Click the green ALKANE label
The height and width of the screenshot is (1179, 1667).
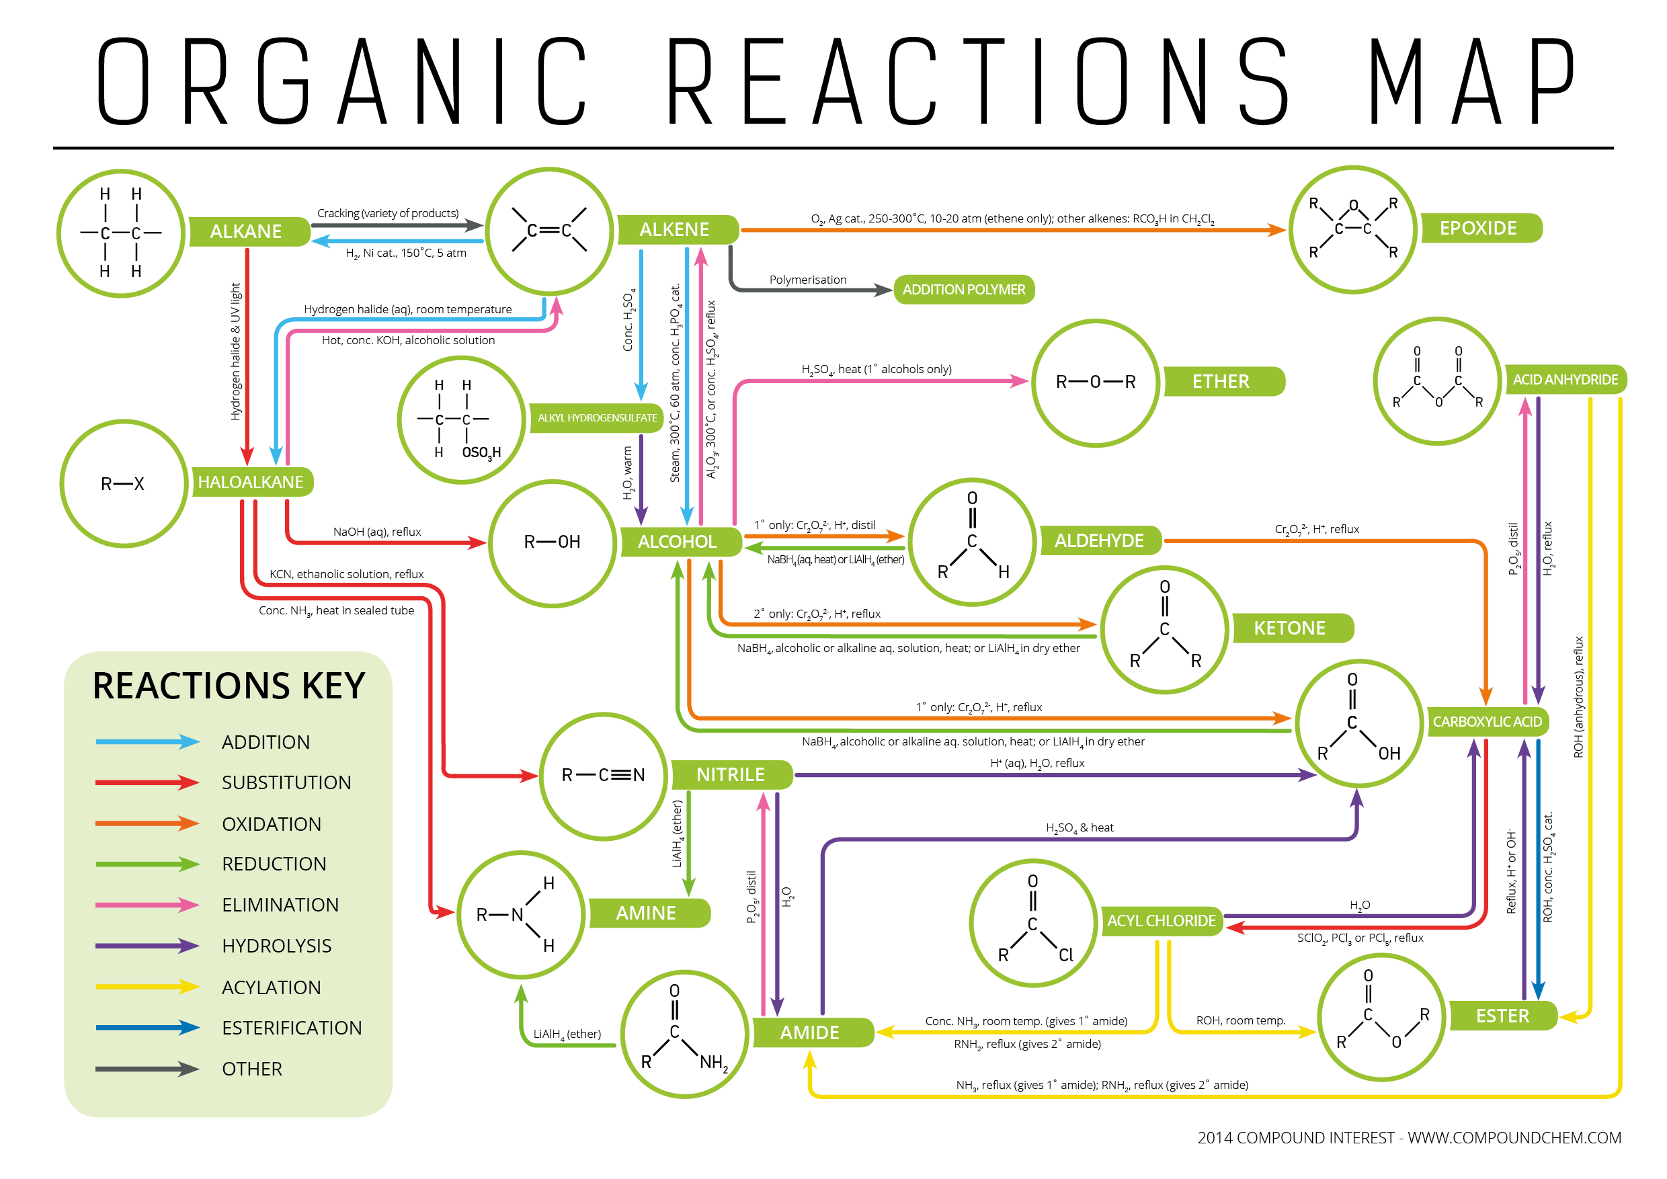coord(246,232)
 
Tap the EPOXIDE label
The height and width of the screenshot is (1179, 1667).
coord(1478,229)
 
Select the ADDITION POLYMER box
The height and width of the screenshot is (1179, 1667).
coord(963,290)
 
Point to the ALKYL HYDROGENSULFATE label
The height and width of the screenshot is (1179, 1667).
coord(597,418)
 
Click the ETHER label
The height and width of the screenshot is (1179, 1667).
coord(1221,382)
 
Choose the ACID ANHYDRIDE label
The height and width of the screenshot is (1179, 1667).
coord(1565,380)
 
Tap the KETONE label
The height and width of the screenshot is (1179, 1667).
coord(1289,628)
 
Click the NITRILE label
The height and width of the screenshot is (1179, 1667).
coord(731,774)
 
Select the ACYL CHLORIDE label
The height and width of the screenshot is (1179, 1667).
coord(1161,921)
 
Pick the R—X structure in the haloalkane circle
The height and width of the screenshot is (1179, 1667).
coord(123,483)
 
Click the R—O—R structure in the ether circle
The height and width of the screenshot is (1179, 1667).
coord(1096,382)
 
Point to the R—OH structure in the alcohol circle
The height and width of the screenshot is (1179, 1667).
coord(553,542)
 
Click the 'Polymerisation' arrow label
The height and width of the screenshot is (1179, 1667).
coord(808,280)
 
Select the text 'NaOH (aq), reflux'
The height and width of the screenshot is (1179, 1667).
coord(377,532)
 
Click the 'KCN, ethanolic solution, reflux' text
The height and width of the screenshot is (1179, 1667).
coord(346,574)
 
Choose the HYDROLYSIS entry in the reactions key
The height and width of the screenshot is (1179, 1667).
coord(277,946)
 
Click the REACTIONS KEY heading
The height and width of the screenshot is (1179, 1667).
coord(229,686)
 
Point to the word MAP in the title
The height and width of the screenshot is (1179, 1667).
coord(1471,81)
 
